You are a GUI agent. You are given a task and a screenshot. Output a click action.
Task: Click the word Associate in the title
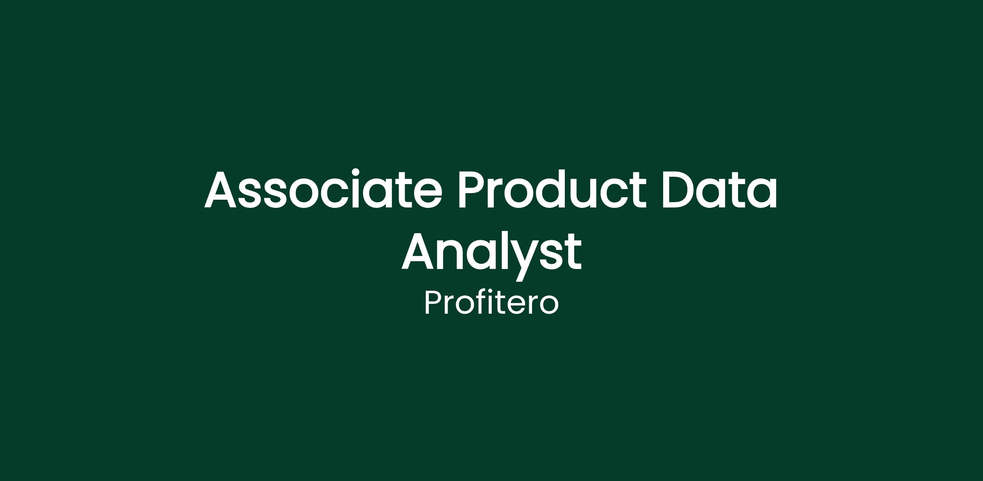pos(323,189)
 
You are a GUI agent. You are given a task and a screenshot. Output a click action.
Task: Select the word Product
pos(552,189)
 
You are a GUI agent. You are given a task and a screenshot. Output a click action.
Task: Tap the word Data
pos(719,189)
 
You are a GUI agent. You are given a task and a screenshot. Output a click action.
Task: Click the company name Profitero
pos(491,303)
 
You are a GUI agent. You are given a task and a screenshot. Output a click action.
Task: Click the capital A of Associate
pos(221,189)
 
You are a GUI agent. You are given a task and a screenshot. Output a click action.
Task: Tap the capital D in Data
pos(679,189)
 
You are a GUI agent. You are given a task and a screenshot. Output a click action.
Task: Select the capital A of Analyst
pos(417,251)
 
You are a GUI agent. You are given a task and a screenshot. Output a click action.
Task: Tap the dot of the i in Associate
pos(356,172)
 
